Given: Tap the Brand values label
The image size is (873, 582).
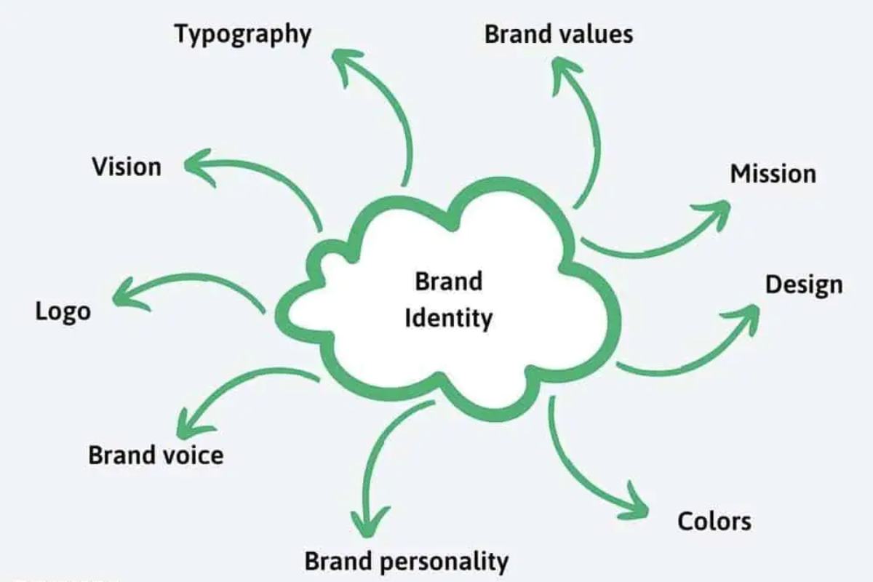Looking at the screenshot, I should (559, 34).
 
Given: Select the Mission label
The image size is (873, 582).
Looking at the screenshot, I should (773, 175).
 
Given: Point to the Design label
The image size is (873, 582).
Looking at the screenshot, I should (803, 285).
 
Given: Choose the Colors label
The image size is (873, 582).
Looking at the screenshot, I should (714, 521).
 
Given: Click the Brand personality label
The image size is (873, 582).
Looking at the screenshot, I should (406, 562).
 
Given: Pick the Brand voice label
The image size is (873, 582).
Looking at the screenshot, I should (156, 455).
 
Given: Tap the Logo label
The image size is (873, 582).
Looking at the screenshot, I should (63, 312).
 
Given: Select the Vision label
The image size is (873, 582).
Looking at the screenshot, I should (126, 167).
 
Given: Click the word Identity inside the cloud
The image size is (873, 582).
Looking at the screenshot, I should (448, 318).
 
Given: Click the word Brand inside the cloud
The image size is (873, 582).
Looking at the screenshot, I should (448, 281).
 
